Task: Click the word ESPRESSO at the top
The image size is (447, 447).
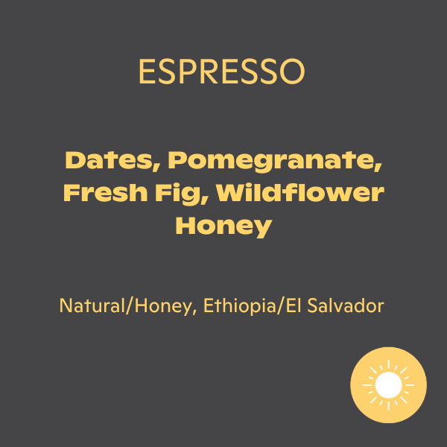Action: click(x=221, y=72)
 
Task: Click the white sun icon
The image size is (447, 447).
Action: click(x=388, y=385)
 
